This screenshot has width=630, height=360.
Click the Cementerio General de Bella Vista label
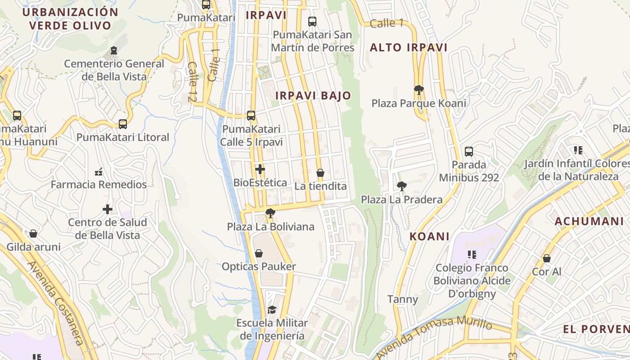[x=114, y=70]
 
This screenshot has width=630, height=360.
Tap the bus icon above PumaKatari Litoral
[x=122, y=124]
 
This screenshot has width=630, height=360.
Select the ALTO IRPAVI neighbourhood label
[x=409, y=48]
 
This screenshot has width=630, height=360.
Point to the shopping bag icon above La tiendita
[x=320, y=173]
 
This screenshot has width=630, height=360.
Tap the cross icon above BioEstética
[x=260, y=169]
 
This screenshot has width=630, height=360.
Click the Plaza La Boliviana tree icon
[x=270, y=213]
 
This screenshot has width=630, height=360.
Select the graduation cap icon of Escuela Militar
[x=272, y=310]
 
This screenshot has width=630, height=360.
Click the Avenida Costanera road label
[x=56, y=304]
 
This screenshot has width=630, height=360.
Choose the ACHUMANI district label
[x=589, y=221]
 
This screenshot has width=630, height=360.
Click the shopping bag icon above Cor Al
[x=546, y=258]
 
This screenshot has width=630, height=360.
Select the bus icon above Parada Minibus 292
[x=468, y=151]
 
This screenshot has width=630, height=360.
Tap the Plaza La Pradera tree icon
[x=402, y=185]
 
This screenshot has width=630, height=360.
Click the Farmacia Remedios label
[x=99, y=184]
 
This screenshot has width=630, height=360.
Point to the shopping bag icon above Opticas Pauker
[x=259, y=253]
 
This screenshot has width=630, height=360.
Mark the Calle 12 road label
[x=193, y=81]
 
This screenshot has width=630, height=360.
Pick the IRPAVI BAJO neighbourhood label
[x=313, y=95]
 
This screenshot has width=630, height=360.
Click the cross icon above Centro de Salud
[x=107, y=209]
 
